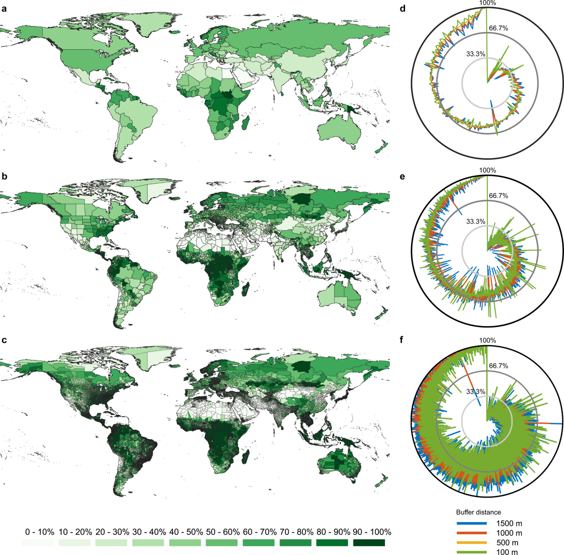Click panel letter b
4,177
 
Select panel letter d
415,9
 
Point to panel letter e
415,177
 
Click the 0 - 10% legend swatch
38,543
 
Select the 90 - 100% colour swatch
369,543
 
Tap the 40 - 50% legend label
185,532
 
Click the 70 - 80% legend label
295,532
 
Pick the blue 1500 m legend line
471,523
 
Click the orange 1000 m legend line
471,533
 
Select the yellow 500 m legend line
471,543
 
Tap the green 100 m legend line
471,552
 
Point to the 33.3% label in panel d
476,54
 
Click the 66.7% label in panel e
498,196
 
